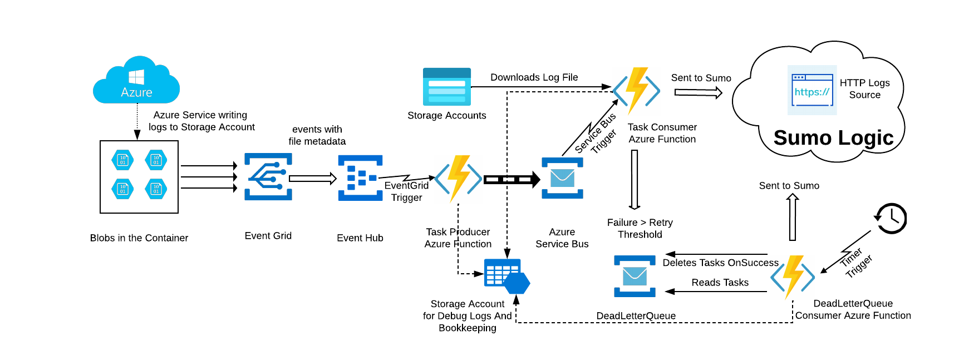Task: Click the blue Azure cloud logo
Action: click(x=136, y=81)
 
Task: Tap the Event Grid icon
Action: click(x=268, y=177)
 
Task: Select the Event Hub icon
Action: click(x=360, y=178)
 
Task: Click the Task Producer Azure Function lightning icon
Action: click(x=459, y=178)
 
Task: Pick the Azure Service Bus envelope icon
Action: click(x=562, y=178)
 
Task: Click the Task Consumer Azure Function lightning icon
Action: click(x=636, y=90)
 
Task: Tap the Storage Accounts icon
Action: click(x=446, y=87)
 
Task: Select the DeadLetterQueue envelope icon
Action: click(x=635, y=276)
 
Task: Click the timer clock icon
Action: click(x=891, y=218)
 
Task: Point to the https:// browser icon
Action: click(x=812, y=90)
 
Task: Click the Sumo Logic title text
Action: click(x=833, y=137)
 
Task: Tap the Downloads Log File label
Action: click(x=534, y=77)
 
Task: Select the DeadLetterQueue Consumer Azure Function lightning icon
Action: click(x=793, y=276)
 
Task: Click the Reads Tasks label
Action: click(x=720, y=283)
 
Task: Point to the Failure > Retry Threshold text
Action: click(x=640, y=229)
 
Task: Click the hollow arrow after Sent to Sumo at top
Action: click(x=698, y=93)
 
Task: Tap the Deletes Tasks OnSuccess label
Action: click(x=720, y=263)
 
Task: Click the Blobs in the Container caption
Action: click(x=139, y=238)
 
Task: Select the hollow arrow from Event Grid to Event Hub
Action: click(x=312, y=179)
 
